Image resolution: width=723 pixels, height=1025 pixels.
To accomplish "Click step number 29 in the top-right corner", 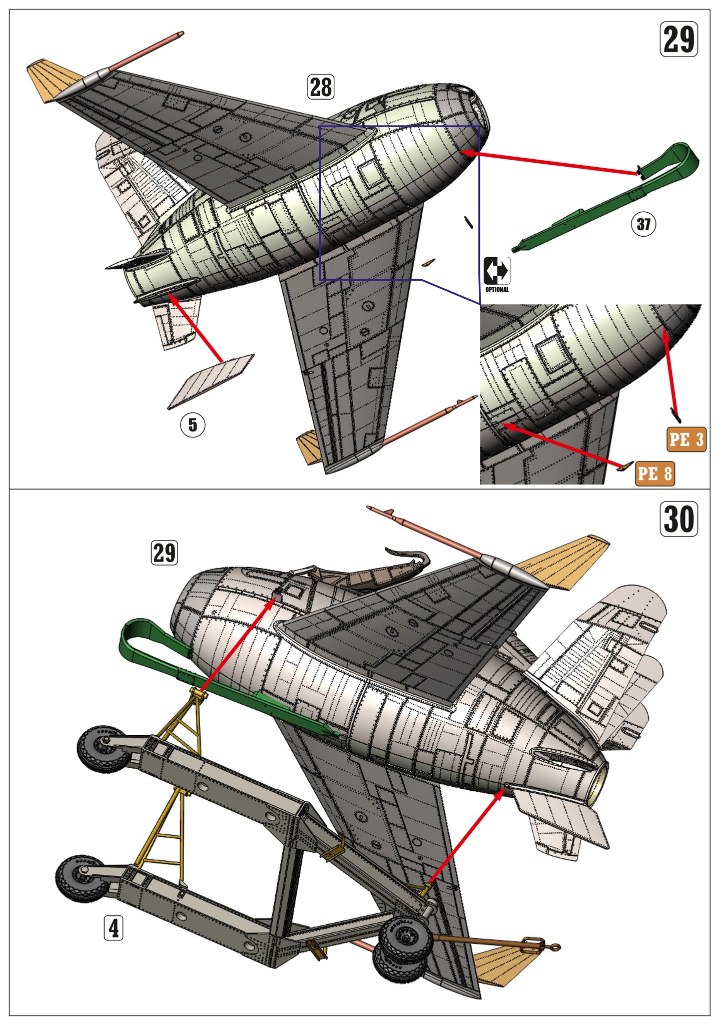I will point(678,39).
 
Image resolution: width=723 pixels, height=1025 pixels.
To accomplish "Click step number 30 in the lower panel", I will point(678,519).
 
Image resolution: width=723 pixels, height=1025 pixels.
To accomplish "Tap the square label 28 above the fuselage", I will point(321,87).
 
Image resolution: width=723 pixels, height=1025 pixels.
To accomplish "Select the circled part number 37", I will point(643,224).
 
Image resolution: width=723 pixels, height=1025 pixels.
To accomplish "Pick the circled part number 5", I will point(193,425).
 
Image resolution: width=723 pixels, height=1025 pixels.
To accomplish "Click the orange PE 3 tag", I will point(686,439).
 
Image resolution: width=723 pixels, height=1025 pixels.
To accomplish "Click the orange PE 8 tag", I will point(654,473).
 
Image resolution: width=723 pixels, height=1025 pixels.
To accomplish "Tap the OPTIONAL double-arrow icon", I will point(496,271).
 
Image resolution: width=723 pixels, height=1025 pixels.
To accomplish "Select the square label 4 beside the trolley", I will point(114,928).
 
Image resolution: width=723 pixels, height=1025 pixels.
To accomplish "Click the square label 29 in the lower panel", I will point(164,553).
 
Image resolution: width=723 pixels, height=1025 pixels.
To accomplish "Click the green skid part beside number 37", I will point(600,205).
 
